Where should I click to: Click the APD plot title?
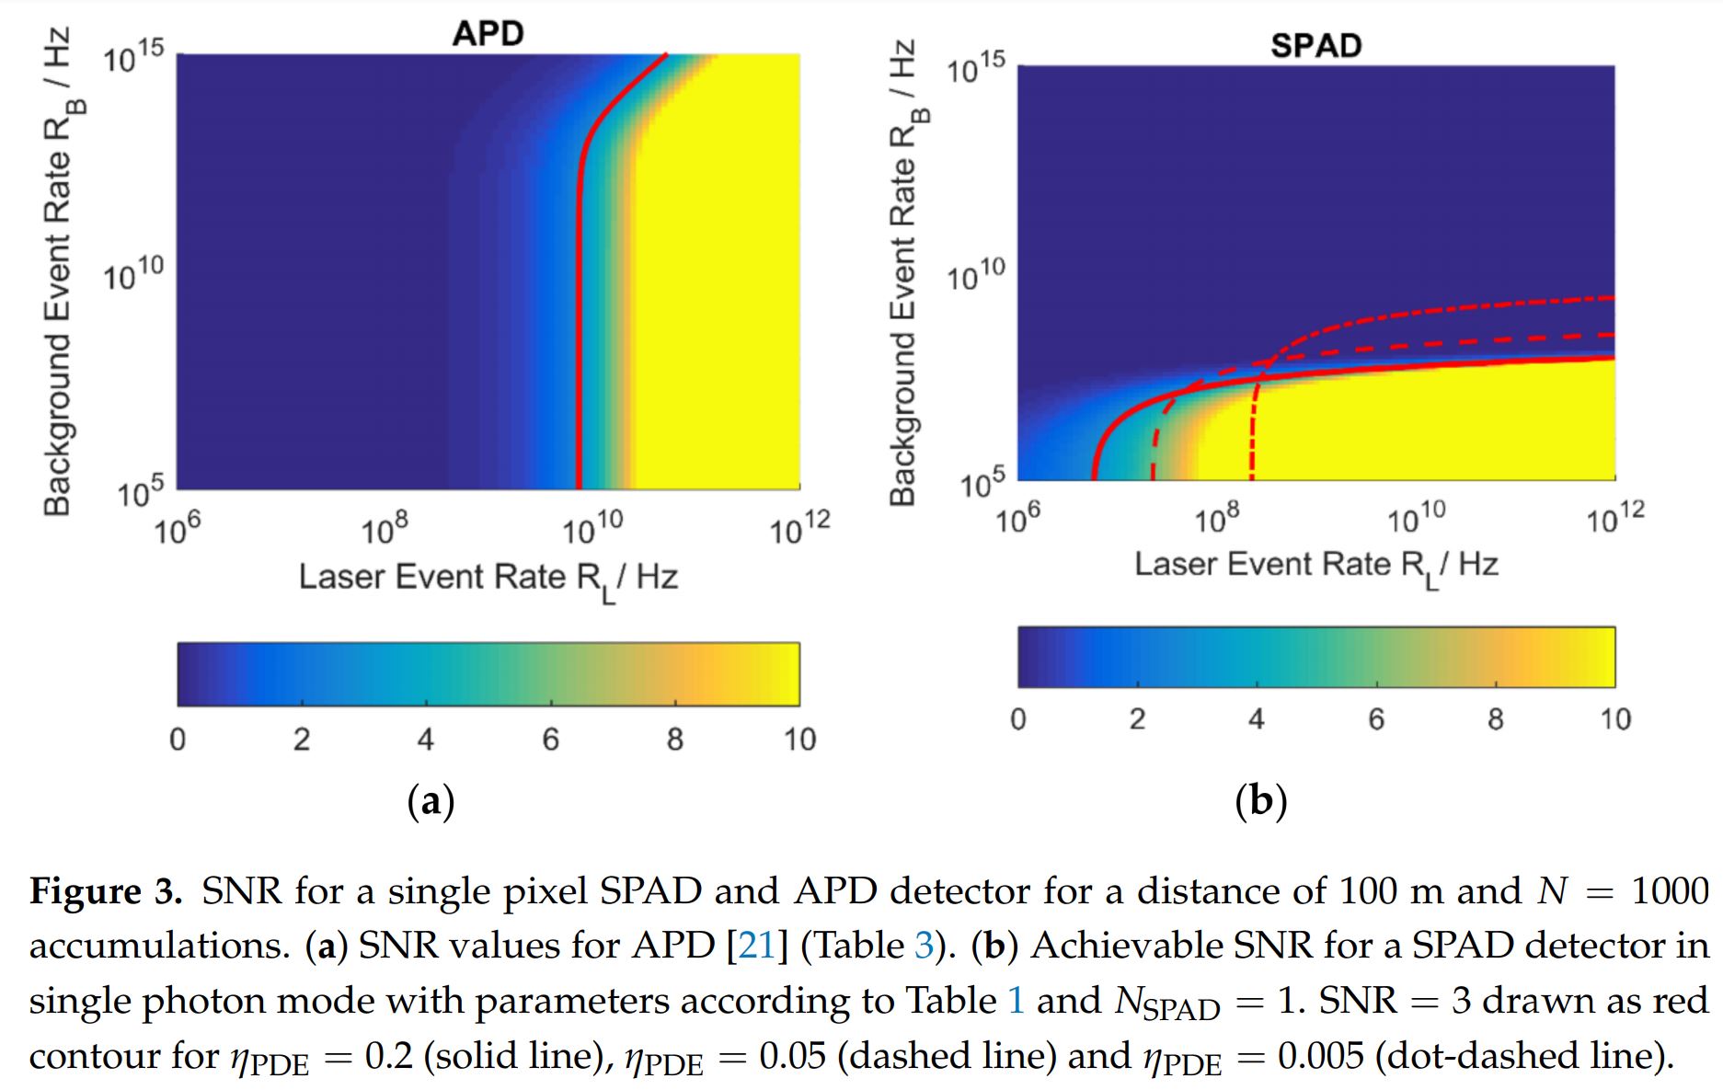(488, 33)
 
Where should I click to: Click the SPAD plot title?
(1315, 45)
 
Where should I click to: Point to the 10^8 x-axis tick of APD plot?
(385, 530)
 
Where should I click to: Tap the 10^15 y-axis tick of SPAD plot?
(977, 68)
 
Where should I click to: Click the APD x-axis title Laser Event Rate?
(488, 579)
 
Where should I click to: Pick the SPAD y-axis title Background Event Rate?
(905, 272)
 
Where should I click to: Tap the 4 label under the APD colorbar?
(425, 740)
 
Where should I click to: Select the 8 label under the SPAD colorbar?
(1496, 719)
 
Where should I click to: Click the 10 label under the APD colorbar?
(799, 740)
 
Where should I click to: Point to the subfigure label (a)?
(431, 802)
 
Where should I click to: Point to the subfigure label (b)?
(1260, 801)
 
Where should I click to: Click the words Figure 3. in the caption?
(106, 891)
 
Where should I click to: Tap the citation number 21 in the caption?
(756, 946)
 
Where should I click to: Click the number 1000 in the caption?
(1669, 891)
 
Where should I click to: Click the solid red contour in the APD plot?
(579, 322)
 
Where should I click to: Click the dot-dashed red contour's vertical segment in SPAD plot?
(1252, 442)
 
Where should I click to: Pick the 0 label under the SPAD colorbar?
(1017, 719)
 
